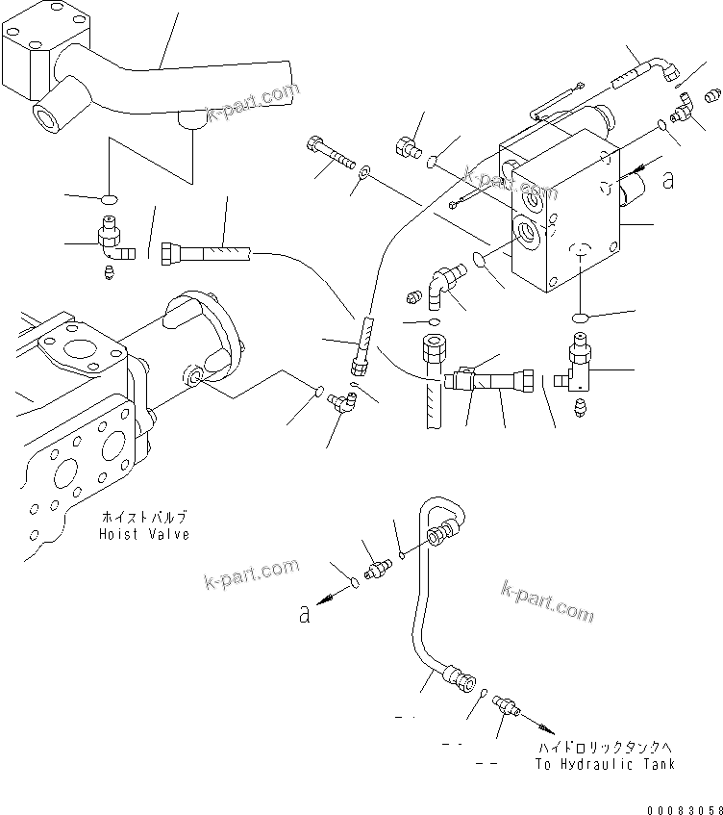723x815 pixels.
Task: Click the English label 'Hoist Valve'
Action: pos(144,534)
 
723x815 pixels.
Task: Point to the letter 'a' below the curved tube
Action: pos(305,614)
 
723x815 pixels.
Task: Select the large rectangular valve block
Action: pos(562,216)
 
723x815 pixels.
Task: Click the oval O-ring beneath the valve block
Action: pos(579,318)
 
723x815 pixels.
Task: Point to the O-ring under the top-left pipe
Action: pos(110,200)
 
